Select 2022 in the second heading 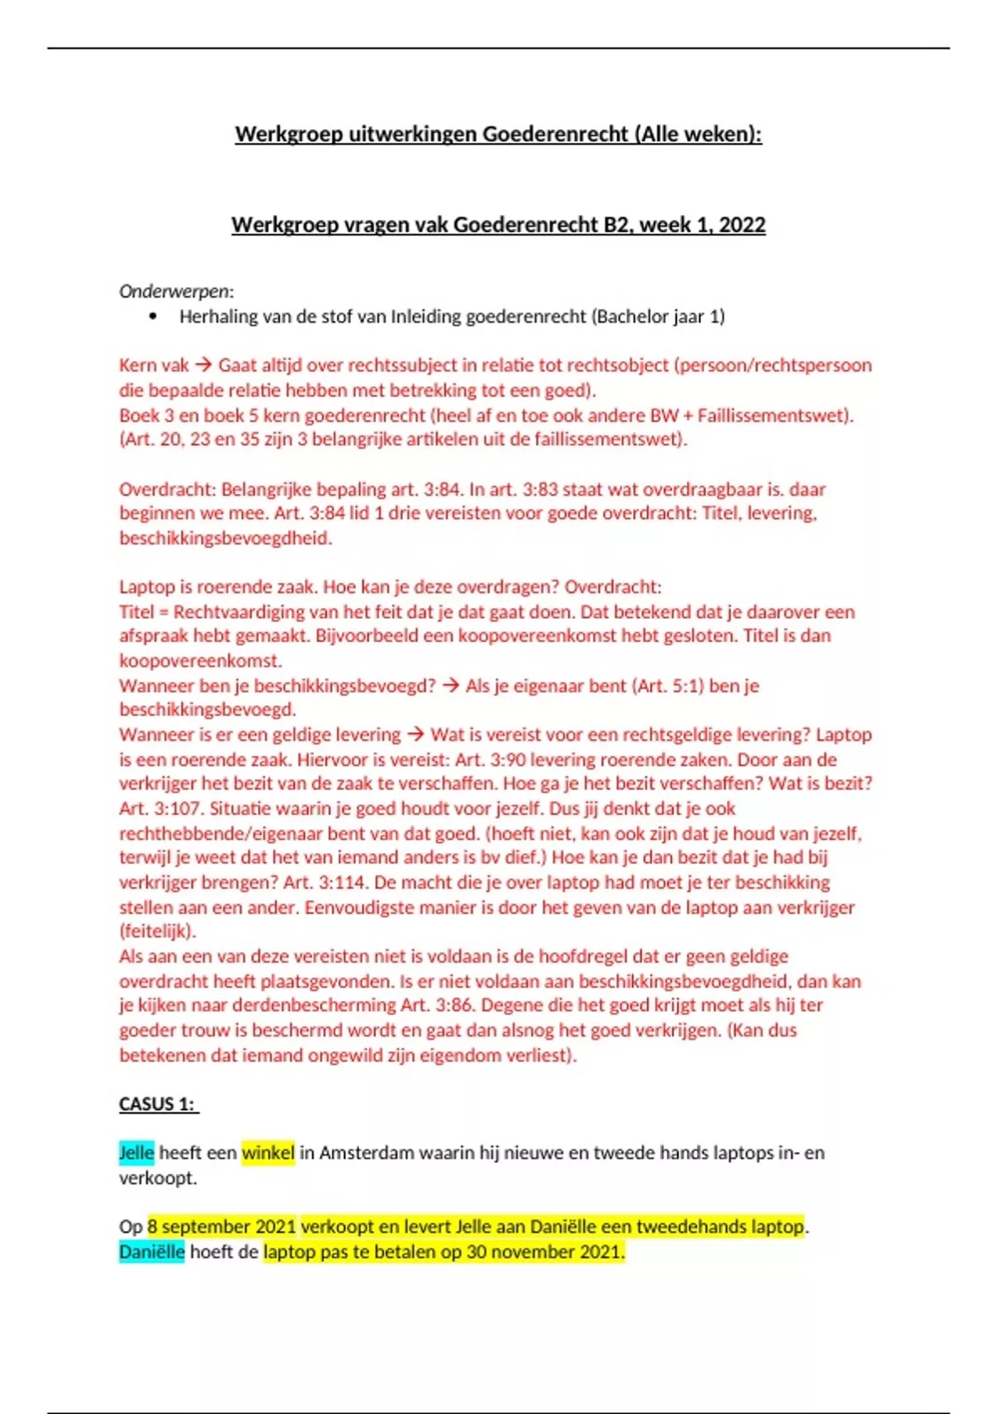click(x=742, y=225)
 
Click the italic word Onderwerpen click(x=175, y=291)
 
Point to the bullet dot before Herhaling click(x=152, y=317)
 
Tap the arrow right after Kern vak click(x=203, y=365)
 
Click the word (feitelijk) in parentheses click(x=157, y=932)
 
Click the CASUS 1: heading click(x=158, y=1105)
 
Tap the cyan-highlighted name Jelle click(x=136, y=1153)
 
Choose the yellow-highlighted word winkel click(x=268, y=1153)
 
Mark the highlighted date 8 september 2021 click(x=221, y=1227)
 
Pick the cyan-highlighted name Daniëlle click(x=151, y=1252)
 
